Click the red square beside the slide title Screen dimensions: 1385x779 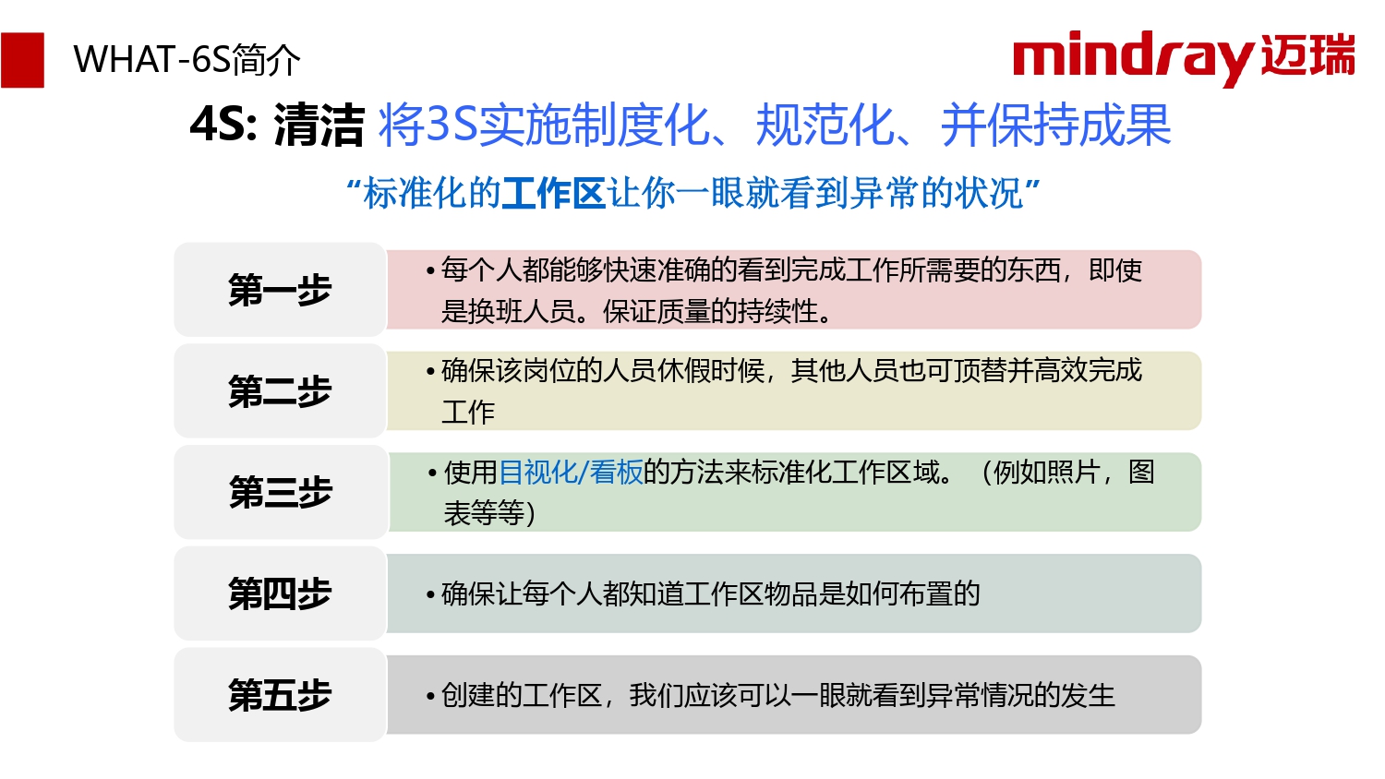(x=22, y=60)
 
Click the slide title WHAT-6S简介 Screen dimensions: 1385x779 (x=187, y=60)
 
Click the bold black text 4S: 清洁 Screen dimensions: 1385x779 (x=277, y=125)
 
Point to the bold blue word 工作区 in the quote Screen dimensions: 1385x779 (x=553, y=194)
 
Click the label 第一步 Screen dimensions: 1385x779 (x=280, y=289)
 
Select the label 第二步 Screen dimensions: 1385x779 (x=280, y=390)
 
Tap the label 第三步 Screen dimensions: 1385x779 (x=280, y=492)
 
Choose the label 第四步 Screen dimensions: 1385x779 (x=280, y=593)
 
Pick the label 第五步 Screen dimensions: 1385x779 (x=280, y=695)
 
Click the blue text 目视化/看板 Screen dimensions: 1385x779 (x=570, y=473)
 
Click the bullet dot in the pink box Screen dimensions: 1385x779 (x=430, y=270)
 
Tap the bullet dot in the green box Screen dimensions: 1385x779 (x=432, y=473)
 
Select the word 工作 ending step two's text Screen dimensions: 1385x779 (x=468, y=412)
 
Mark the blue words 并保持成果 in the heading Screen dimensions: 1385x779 (x=1056, y=125)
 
